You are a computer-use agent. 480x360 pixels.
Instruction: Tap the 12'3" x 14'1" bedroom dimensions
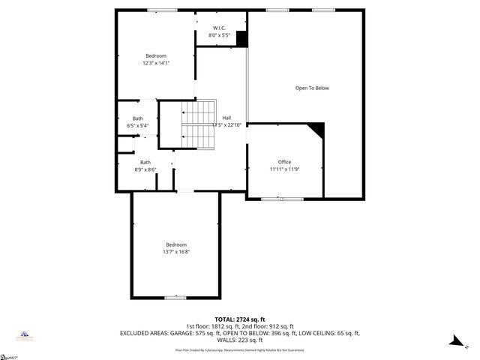click(156, 63)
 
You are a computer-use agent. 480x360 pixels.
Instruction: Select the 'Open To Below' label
click(312, 88)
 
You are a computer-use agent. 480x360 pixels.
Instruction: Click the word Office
click(284, 162)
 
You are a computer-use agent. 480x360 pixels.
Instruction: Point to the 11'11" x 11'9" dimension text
click(284, 169)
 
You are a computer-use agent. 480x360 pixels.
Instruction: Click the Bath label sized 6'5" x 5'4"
click(138, 118)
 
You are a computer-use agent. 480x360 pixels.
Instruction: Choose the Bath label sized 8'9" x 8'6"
click(145, 162)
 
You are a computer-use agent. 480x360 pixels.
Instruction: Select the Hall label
click(226, 118)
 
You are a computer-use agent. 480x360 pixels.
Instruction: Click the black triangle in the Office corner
click(317, 130)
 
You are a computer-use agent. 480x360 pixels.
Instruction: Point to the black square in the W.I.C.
click(241, 39)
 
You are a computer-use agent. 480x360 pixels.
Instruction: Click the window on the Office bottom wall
click(282, 198)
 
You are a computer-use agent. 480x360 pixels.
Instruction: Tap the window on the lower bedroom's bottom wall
click(175, 298)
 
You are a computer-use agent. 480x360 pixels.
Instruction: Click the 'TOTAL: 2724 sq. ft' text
click(239, 319)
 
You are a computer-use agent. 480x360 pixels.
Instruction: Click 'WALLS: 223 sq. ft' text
click(239, 340)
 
